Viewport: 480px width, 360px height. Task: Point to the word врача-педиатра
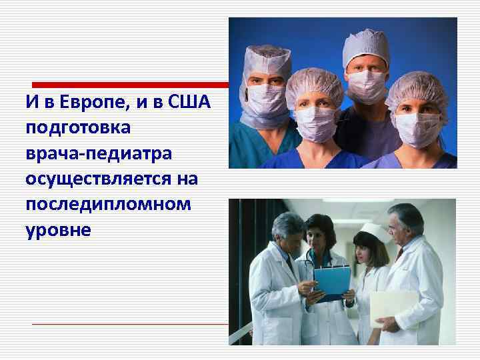[99, 153]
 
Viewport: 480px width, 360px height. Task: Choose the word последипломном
[108, 204]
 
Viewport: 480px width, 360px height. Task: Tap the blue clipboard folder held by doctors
[331, 280]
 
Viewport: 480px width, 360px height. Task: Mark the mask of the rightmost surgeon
[416, 125]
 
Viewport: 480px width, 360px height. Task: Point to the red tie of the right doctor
[399, 253]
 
